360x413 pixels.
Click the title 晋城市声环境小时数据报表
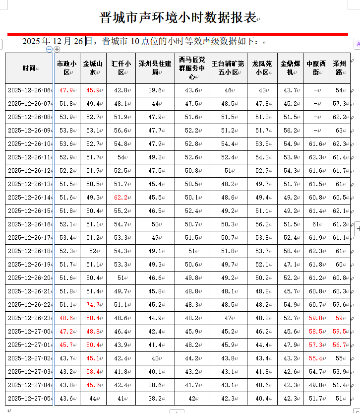[179, 18]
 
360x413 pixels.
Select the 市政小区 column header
[66, 68]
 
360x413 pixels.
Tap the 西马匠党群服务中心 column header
[191, 68]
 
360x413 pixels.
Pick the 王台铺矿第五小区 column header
[228, 68]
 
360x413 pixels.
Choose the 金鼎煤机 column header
[290, 68]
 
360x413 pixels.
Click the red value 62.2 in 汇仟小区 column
[121, 198]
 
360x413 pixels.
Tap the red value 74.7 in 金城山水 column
[93, 305]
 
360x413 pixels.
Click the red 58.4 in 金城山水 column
[93, 372]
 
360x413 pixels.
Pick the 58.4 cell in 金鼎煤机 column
[290, 251]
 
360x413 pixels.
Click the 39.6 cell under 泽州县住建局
[155, 90]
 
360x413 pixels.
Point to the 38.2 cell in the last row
[155, 398]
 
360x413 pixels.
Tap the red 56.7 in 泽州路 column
[340, 345]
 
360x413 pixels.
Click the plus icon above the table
[57, 49]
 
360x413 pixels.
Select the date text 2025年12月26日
[53, 41]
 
